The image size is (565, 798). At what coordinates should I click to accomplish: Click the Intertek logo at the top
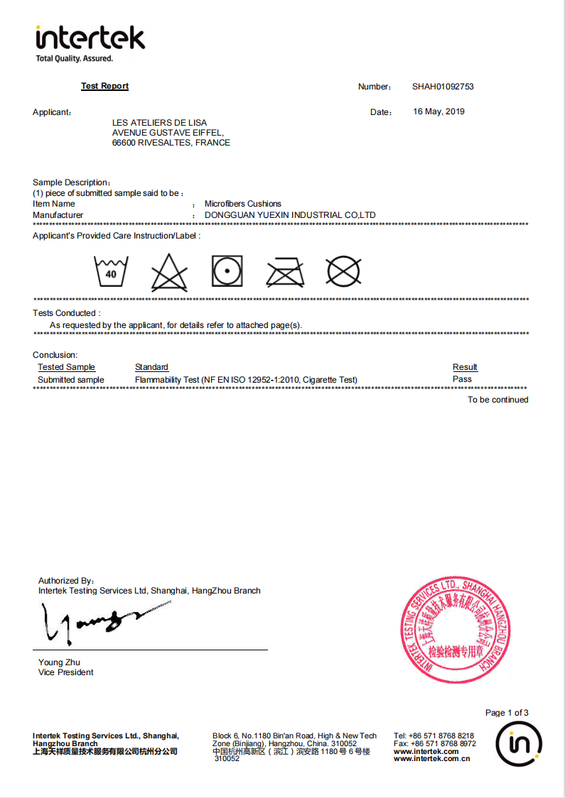(x=90, y=43)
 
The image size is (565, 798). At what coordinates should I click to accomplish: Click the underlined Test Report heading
(x=104, y=86)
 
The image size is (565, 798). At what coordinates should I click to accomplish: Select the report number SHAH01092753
(x=443, y=87)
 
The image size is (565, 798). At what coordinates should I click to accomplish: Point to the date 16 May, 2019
(x=438, y=111)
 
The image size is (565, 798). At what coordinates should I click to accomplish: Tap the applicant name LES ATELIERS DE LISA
(x=160, y=123)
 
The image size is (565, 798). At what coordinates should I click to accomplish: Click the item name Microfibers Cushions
(x=243, y=204)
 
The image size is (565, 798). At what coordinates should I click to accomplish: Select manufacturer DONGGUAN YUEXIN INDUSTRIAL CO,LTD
(x=290, y=215)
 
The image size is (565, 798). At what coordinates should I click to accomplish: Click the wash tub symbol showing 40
(x=111, y=271)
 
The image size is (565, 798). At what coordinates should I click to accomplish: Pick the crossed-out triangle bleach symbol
(x=169, y=272)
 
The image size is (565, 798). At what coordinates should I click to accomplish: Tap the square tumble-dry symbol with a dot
(x=227, y=271)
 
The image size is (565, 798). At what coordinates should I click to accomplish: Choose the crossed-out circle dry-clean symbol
(x=343, y=272)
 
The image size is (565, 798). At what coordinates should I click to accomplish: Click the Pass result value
(x=462, y=379)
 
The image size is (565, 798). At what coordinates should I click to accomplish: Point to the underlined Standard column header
(x=151, y=367)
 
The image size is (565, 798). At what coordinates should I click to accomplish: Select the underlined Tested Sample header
(x=66, y=367)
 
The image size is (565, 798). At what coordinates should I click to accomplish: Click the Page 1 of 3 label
(x=507, y=713)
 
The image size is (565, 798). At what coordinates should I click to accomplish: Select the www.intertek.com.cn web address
(x=431, y=758)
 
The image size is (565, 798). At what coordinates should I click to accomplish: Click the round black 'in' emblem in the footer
(x=519, y=744)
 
